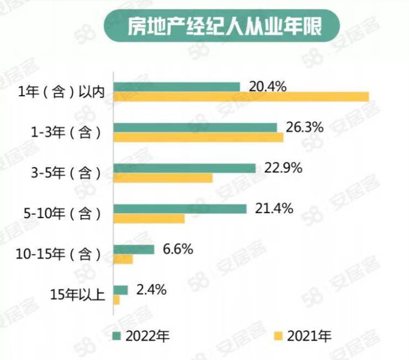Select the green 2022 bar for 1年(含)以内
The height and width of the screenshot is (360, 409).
pos(176,87)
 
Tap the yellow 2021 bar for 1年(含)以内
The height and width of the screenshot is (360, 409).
pos(241,97)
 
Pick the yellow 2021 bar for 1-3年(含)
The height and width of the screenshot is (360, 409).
pos(198,137)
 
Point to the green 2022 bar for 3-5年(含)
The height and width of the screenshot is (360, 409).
pos(184,168)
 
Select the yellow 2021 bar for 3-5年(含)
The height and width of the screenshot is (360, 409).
pos(162,178)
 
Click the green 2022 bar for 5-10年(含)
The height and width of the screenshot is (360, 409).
pos(180,209)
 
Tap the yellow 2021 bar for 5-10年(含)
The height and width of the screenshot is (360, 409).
pos(149,219)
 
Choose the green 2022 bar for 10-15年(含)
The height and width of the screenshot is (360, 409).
pos(133,250)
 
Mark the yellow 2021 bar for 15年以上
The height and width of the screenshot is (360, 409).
pos(116,300)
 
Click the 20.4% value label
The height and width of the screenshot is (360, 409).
pos(268,86)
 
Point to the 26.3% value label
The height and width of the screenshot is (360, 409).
pos(305,127)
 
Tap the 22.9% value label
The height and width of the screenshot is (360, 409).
pos(284,168)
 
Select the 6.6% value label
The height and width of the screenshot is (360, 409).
pos(179,249)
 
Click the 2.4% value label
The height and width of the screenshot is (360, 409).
pos(152,289)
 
